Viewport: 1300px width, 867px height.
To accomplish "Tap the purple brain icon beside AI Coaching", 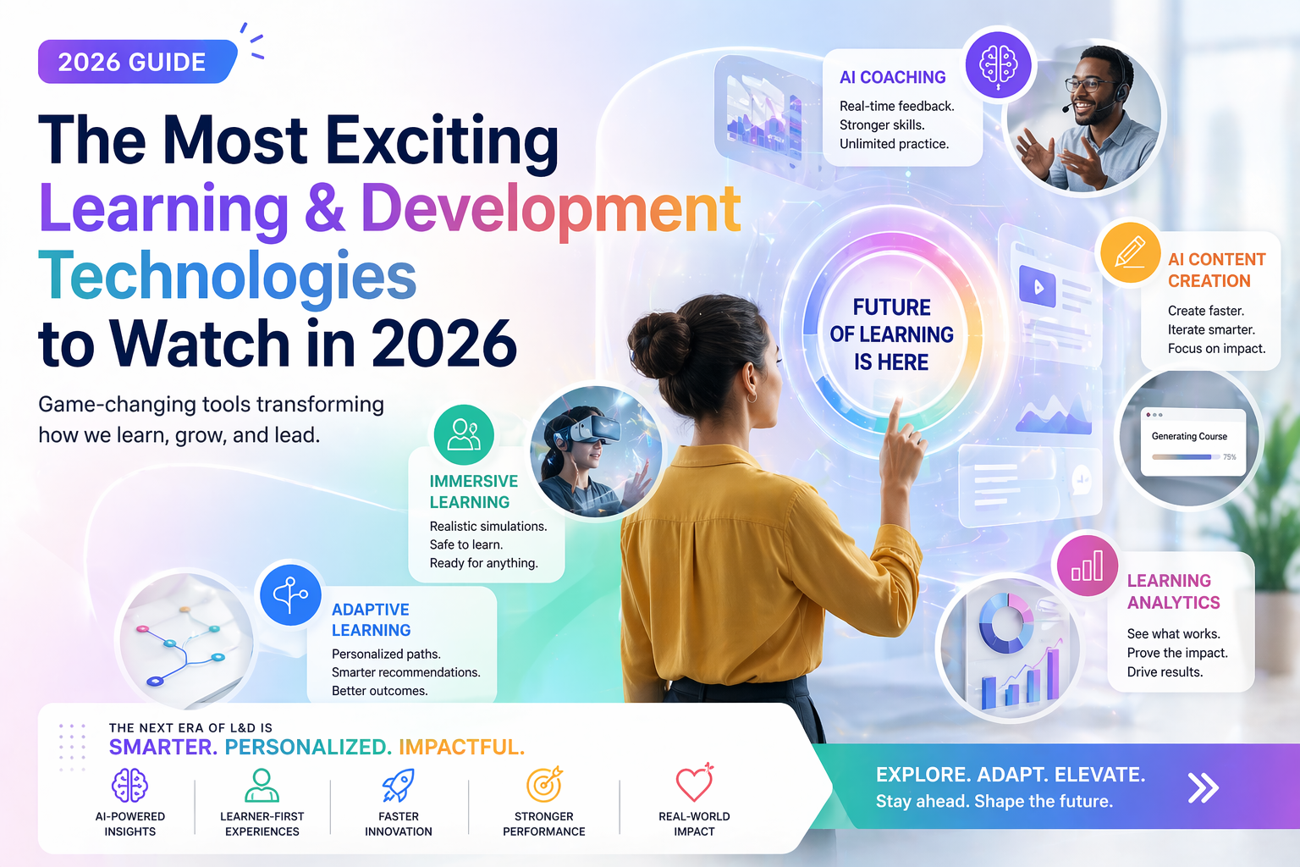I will click(998, 64).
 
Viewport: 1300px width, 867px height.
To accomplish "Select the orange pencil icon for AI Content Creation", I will click(1130, 252).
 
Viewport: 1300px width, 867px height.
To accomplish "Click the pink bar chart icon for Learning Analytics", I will click(1087, 566).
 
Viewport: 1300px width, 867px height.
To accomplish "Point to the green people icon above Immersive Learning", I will click(464, 434).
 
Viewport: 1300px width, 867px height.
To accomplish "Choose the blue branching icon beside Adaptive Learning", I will click(290, 594).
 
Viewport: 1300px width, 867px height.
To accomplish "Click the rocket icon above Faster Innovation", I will click(398, 786).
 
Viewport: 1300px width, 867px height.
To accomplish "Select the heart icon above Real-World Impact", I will click(694, 784).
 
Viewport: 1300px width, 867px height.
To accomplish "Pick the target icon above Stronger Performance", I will click(544, 785).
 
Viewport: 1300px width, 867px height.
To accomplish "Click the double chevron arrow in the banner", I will click(1203, 787).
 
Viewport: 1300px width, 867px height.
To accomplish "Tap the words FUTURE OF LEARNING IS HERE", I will click(891, 334).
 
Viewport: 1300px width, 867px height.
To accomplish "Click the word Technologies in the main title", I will click(228, 277).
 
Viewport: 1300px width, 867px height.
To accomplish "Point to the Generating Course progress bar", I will click(1183, 457).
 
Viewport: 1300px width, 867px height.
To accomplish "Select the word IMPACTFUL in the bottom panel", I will click(461, 747).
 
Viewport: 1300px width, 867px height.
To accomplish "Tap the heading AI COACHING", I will click(892, 77).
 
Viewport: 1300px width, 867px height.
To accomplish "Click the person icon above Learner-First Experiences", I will click(262, 785).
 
